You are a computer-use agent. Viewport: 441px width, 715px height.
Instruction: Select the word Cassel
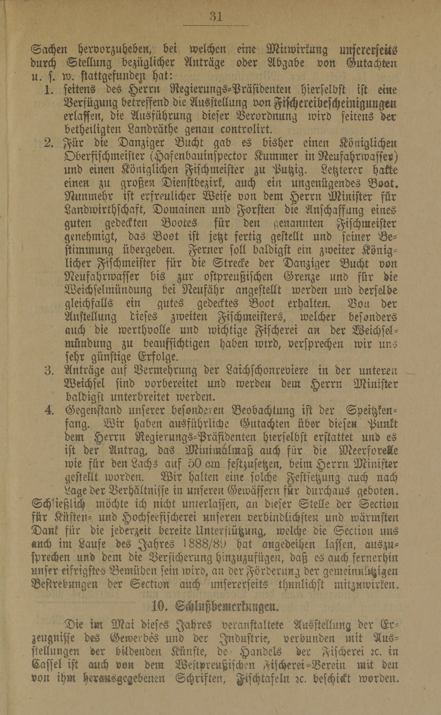tap(47, 657)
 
